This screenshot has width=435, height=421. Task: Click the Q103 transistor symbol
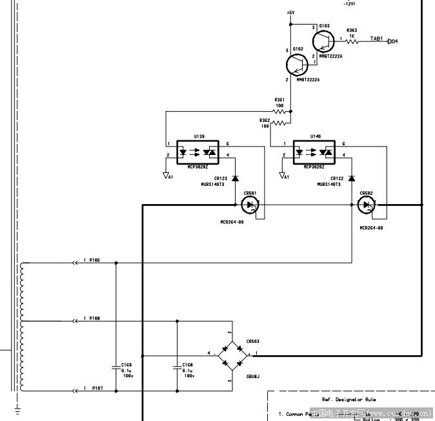point(324,41)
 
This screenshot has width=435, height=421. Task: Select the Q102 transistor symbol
point(298,65)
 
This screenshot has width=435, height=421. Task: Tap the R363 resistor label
point(351,30)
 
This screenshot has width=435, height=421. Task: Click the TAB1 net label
point(376,39)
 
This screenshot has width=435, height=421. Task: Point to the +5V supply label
point(290,13)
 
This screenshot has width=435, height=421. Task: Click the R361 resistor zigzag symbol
point(279,112)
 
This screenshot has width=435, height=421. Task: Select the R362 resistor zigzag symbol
point(279,123)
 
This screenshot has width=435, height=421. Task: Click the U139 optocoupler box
point(197,152)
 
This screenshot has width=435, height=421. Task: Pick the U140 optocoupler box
point(314,152)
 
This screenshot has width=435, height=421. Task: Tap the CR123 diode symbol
point(235,178)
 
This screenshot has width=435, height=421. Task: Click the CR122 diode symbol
point(352,178)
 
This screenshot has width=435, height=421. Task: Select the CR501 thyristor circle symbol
point(250,205)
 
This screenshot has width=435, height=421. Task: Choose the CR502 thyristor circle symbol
point(367,205)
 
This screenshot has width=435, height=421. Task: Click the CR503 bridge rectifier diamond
point(231,354)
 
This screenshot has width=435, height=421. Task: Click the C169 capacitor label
point(126,365)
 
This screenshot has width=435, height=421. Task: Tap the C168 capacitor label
point(187,365)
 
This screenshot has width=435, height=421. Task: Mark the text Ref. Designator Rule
point(349,400)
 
